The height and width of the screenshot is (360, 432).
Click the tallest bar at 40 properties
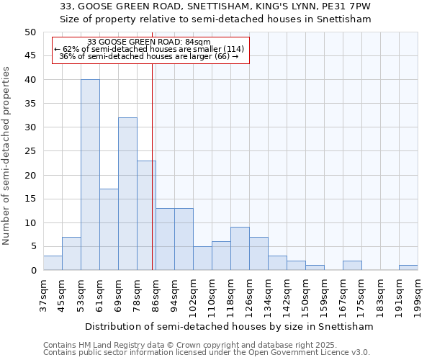click(x=90, y=175)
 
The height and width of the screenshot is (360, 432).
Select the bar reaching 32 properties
click(x=127, y=194)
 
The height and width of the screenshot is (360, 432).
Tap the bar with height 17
click(x=109, y=230)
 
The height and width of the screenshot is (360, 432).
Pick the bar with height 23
click(x=146, y=215)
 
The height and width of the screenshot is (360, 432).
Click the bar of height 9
click(x=240, y=248)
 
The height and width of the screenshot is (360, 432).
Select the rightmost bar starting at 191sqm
click(x=408, y=268)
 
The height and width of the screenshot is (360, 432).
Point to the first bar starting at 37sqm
click(x=53, y=263)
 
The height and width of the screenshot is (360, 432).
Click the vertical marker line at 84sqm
click(x=153, y=166)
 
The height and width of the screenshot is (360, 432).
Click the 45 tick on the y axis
click(x=30, y=56)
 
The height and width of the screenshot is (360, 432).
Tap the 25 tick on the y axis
click(x=30, y=151)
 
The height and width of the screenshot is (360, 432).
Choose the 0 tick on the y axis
click(x=33, y=271)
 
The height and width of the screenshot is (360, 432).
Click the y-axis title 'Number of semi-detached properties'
click(x=7, y=156)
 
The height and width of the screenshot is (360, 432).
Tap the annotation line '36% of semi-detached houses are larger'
click(x=148, y=56)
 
